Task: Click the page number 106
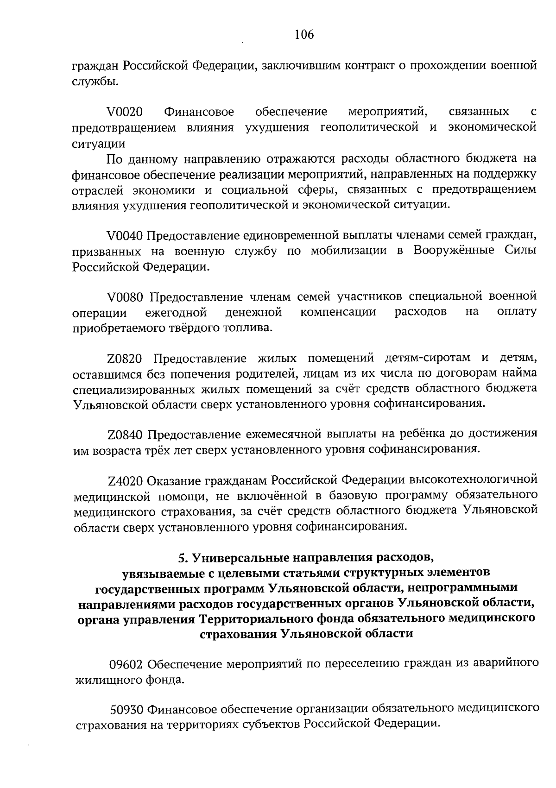304,35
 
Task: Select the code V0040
125,236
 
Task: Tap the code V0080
126,296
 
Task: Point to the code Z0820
126,359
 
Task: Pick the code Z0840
126,435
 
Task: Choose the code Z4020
126,480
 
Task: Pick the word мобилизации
348,251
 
